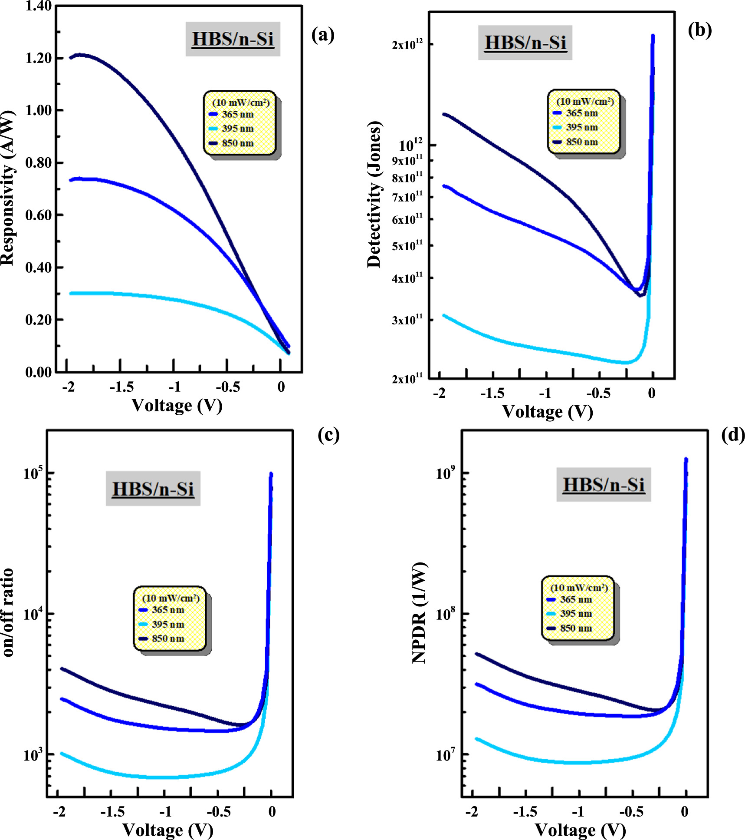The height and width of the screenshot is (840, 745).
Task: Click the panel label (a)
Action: coord(323,35)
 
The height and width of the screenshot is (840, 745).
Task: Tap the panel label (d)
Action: coord(733,435)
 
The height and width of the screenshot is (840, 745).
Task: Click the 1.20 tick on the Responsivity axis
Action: coord(39,58)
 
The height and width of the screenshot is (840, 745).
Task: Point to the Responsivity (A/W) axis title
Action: coord(8,188)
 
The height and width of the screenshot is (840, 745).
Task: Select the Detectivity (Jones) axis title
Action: coord(374,194)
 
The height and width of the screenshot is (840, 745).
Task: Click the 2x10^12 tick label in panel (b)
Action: coord(407,45)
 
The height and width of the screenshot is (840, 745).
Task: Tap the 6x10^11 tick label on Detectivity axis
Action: coord(407,219)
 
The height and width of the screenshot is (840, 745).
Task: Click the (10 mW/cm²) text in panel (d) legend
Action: coord(579,588)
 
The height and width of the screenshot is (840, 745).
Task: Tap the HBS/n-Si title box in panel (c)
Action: coord(153,489)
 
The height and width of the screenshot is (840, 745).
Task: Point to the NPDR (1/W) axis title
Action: coord(419,613)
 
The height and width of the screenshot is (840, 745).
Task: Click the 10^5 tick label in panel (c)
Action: coord(33,473)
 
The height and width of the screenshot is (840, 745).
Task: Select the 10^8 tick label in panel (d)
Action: coord(445,614)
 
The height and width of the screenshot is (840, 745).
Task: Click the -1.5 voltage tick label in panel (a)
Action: coord(121,387)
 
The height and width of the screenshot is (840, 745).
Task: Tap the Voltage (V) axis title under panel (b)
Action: coord(548,411)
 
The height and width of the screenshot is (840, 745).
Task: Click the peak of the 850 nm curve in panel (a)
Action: coord(81,55)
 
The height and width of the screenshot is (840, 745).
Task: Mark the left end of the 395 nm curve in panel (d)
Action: coord(477,739)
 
